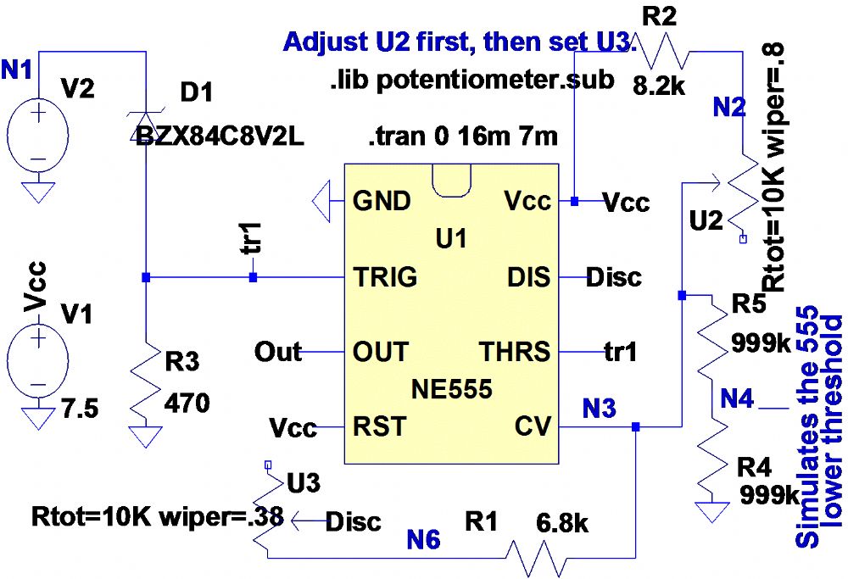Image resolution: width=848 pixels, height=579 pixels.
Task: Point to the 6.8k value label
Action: pyautogui.click(x=561, y=523)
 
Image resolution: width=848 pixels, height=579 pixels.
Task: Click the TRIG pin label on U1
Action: pyautogui.click(x=385, y=276)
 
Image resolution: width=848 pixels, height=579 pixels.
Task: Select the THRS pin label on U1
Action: pyautogui.click(x=515, y=350)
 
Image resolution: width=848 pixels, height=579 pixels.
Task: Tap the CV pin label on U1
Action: pyautogui.click(x=533, y=426)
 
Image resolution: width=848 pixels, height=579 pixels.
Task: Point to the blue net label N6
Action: pyautogui.click(x=423, y=540)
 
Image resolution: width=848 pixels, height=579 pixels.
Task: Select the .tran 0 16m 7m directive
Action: pyautogui.click(x=463, y=136)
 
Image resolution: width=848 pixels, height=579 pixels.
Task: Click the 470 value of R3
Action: pyautogui.click(x=187, y=404)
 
